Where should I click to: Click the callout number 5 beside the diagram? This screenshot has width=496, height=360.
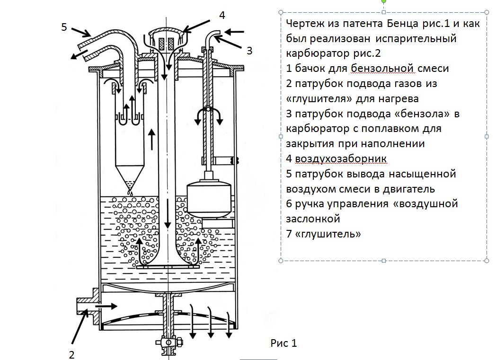coord(64,27)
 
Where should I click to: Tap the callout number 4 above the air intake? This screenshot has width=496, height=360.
coord(221,15)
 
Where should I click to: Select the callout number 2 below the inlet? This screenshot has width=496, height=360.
coord(71,354)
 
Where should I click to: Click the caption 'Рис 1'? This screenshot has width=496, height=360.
coord(284,342)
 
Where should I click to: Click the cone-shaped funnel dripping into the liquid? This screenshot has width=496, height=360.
coord(131,176)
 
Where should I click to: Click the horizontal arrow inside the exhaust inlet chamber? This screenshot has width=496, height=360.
coord(106,307)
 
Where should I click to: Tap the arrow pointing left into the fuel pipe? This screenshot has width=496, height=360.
coord(235,32)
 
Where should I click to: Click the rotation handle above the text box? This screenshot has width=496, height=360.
coord(383,1)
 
